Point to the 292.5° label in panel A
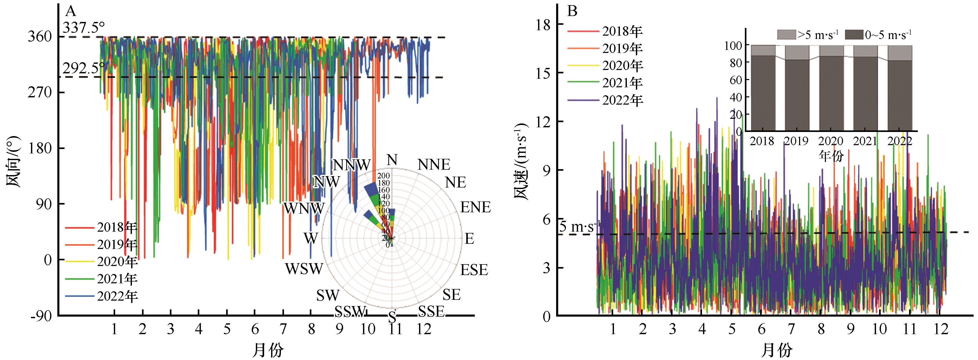pos(84,68)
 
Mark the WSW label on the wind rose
pos(304,269)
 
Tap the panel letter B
pos(572,11)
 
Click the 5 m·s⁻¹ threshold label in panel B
pos(580,227)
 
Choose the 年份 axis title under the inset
pos(831,156)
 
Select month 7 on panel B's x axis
pos(791,329)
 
